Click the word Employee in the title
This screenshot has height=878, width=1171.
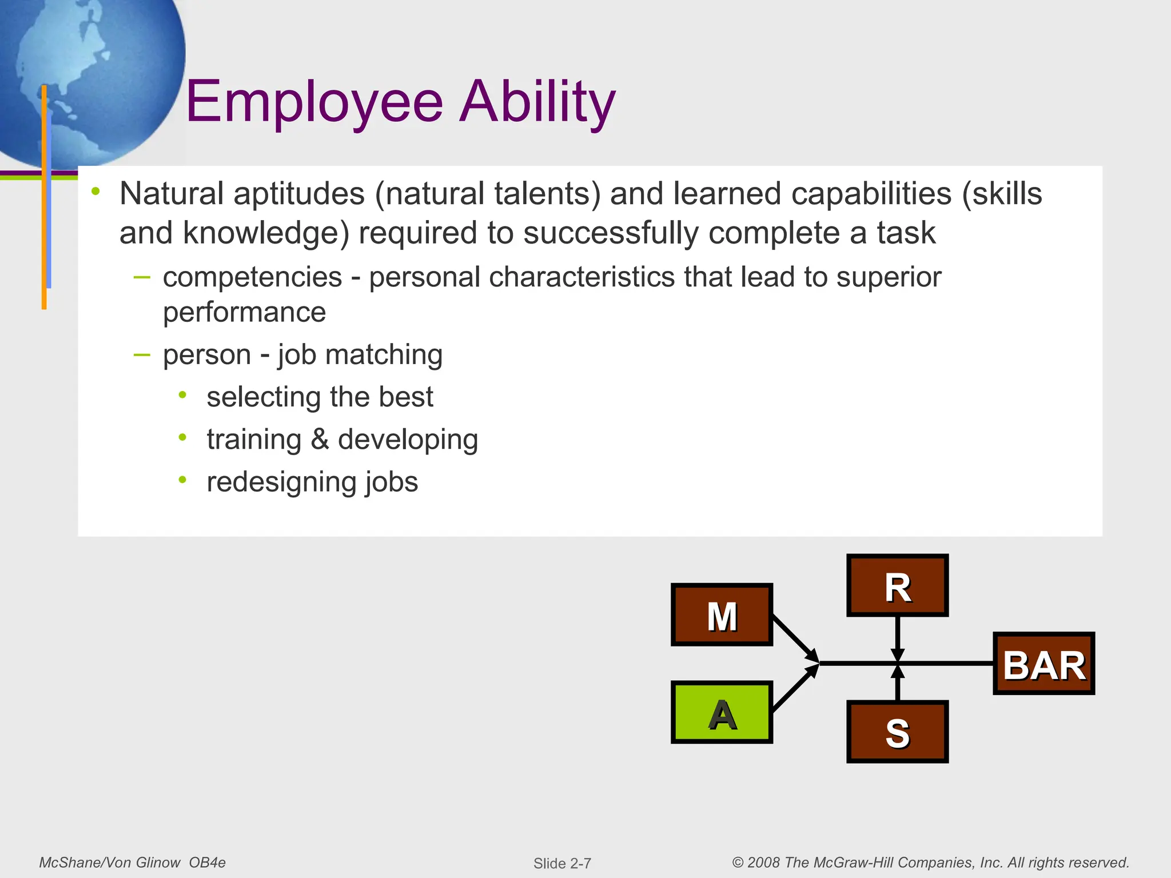[x=314, y=103]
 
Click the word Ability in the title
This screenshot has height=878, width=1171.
[x=537, y=103]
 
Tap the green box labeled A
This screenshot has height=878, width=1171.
[x=722, y=712]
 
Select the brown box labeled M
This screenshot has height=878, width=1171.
[x=722, y=615]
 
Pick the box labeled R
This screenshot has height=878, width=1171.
[x=897, y=585]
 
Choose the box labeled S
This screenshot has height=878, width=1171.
[x=897, y=732]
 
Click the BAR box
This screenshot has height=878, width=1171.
[x=1043, y=664]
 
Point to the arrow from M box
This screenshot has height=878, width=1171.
[x=795, y=638]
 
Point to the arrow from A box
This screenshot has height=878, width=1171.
[x=795, y=689]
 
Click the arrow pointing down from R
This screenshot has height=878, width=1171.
[x=898, y=638]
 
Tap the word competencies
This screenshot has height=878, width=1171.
[x=252, y=278]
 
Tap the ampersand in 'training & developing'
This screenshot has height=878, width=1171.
[x=320, y=440]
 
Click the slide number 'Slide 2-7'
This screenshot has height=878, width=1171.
[x=562, y=863]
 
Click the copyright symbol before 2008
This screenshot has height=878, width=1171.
[x=738, y=863]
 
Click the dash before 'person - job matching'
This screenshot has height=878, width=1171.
[x=141, y=355]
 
